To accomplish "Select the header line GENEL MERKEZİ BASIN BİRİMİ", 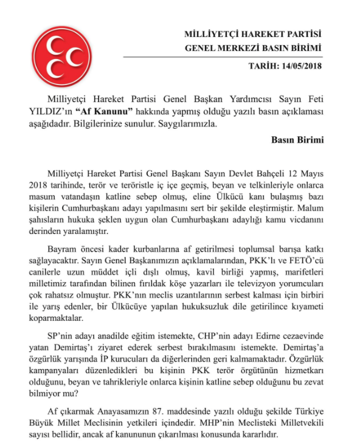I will tap(252, 48).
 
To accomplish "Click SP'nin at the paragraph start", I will tap(61, 337).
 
